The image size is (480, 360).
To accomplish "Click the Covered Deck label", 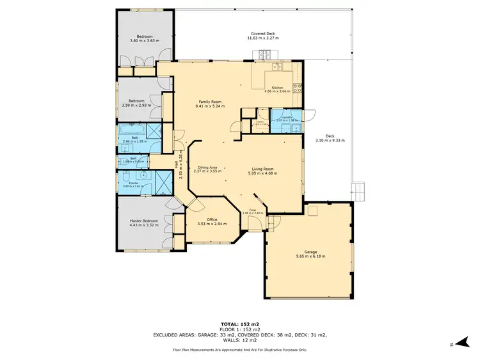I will (x=262, y=34).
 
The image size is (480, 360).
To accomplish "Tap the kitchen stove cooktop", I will (x=298, y=86).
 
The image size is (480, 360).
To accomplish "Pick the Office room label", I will (x=212, y=219).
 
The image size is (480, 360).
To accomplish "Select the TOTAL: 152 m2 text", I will (x=240, y=324).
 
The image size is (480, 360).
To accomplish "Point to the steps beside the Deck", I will (x=359, y=191).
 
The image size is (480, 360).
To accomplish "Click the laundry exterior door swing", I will (x=310, y=116).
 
